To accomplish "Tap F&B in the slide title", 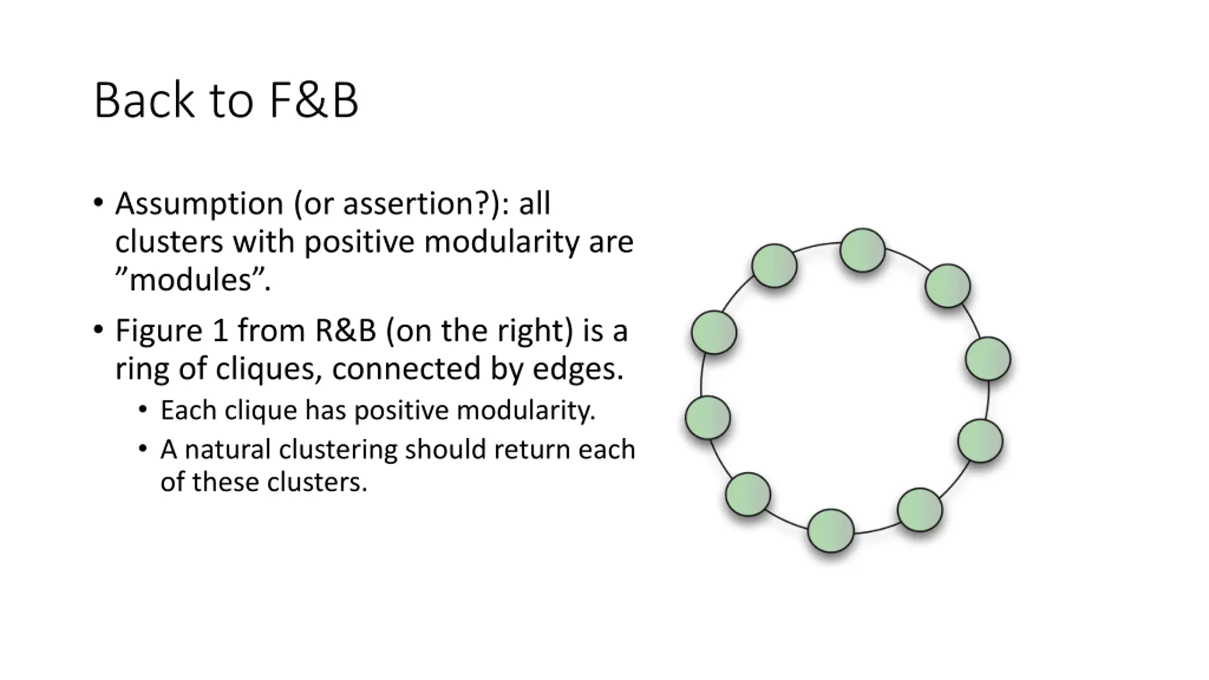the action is pos(314,101).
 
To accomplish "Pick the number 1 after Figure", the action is pos(220,331).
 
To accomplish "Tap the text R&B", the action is pos(345,331).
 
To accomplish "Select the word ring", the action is pos(142,369).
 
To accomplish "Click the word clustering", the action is pos(338,450).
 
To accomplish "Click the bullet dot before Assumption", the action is pos(98,203).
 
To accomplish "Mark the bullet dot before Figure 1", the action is pos(98,330).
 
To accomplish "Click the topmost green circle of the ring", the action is pos(862,250).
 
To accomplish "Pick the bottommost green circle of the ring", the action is pos(831,531).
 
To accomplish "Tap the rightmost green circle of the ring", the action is pos(988,359).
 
